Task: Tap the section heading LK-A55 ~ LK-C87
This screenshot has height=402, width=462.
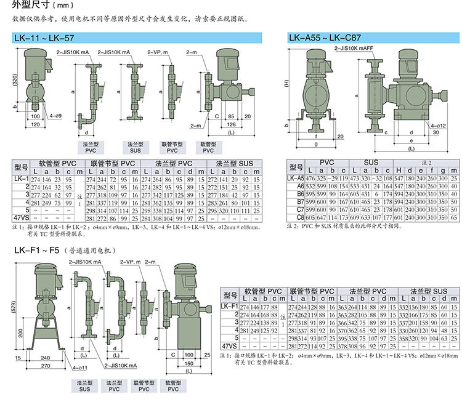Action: click(x=324, y=39)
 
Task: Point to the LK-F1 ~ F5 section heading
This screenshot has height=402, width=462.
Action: click(x=38, y=251)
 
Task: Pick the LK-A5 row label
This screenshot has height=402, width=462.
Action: click(x=296, y=178)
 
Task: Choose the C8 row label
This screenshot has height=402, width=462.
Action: click(x=299, y=217)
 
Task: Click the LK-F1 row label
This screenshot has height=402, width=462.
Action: click(x=229, y=306)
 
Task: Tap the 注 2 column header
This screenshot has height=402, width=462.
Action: click(x=419, y=162)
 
